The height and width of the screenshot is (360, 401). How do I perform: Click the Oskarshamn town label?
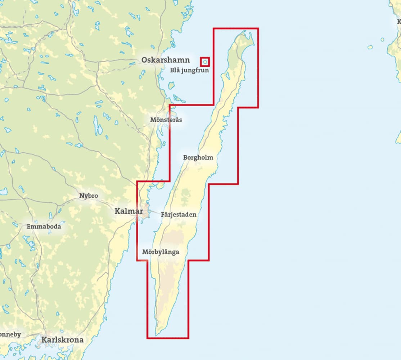coord(165,60)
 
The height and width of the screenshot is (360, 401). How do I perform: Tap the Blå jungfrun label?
coord(189,71)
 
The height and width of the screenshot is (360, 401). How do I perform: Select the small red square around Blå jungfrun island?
coord(205,62)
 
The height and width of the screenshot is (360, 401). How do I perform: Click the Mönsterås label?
coord(166,120)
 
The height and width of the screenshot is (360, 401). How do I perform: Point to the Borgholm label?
coord(198,158)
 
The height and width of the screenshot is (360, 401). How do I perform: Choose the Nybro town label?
coord(89,196)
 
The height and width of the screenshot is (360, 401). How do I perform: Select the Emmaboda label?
coord(44,227)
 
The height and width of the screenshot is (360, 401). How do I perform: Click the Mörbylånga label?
coord(161,252)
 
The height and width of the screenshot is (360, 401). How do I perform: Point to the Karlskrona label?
coord(62,339)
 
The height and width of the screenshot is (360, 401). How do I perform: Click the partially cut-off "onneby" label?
coord(10,334)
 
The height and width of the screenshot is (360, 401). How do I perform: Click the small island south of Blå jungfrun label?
coord(171,86)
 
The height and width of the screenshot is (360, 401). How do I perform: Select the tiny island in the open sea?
coord(370,47)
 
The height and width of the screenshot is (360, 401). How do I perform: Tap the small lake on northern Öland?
coord(227,76)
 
